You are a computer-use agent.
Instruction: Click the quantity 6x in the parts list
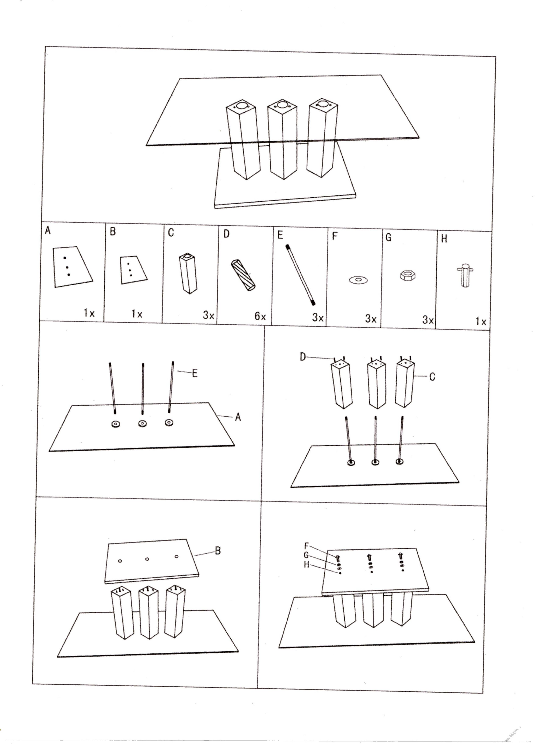coord(260,316)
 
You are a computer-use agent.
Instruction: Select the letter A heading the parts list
coord(48,231)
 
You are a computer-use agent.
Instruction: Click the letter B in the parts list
coord(113,231)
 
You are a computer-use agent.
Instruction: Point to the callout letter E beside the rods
coord(195,373)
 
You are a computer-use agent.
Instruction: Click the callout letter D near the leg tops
coord(303,357)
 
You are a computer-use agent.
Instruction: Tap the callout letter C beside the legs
coord(432,377)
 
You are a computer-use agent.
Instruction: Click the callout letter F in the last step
coord(307,546)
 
